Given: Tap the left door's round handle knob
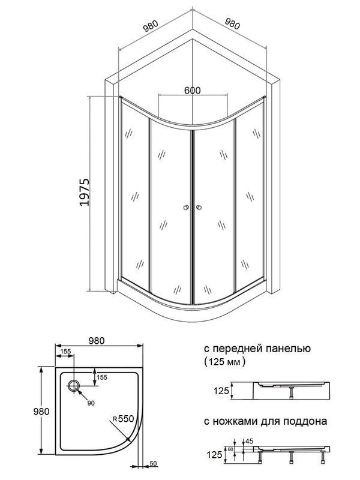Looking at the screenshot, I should (187, 209).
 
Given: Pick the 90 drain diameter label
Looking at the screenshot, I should (91, 403).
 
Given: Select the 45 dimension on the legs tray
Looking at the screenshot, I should (248, 440).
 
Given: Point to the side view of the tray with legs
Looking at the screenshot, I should (290, 450).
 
